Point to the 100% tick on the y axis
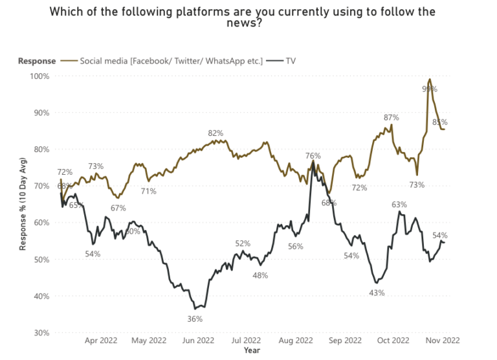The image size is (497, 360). [x=39, y=76]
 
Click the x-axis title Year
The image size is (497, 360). [x=252, y=350]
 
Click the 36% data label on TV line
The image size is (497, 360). [x=195, y=319]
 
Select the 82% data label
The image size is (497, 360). [x=215, y=133]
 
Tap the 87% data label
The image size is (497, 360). [x=391, y=118]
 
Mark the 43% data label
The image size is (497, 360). [x=377, y=293]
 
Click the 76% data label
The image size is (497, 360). [x=313, y=155]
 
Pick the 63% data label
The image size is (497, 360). [x=399, y=205]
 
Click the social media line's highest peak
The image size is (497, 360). [x=430, y=80]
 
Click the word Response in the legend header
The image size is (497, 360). [x=36, y=61]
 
